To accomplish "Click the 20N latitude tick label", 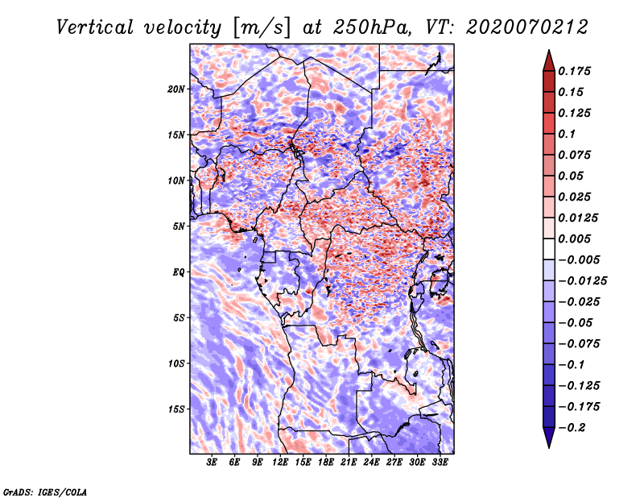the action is pyautogui.click(x=176, y=89).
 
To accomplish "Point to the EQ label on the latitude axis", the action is pyautogui.click(x=179, y=272).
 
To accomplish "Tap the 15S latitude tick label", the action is pyautogui.click(x=176, y=409).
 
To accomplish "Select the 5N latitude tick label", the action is pyautogui.click(x=179, y=226).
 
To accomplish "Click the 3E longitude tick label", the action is pyautogui.click(x=212, y=463).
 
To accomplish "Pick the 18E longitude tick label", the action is pyautogui.click(x=326, y=463).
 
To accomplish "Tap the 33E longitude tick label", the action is pyautogui.click(x=440, y=463).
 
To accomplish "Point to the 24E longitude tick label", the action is pyautogui.click(x=371, y=463).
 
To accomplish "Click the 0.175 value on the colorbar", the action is pyautogui.click(x=574, y=71).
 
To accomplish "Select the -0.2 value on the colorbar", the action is pyautogui.click(x=572, y=428).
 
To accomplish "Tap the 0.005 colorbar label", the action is pyautogui.click(x=574, y=239).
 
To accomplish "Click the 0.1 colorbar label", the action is pyautogui.click(x=567, y=134).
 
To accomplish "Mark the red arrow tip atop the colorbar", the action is pyautogui.click(x=549, y=51).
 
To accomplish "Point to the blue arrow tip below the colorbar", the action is pyautogui.click(x=549, y=446).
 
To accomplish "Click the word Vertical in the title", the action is pyautogui.click(x=95, y=27).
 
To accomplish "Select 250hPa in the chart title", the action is pyautogui.click(x=371, y=27).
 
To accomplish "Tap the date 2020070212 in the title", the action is pyautogui.click(x=527, y=27).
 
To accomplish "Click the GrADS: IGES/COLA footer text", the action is pyautogui.click(x=45, y=492).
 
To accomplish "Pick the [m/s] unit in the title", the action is pyautogui.click(x=262, y=27).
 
